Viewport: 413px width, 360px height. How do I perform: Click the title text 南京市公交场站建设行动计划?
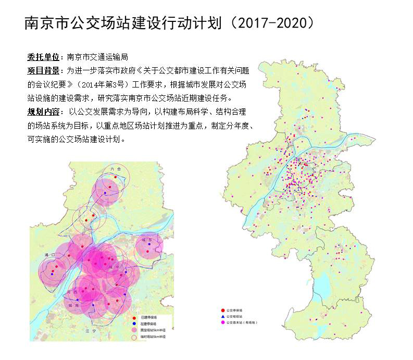[x=125, y=23]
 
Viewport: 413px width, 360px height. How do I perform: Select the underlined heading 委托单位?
[x=43, y=57]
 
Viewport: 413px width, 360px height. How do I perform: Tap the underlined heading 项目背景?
[x=43, y=70]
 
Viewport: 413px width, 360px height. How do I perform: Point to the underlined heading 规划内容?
[x=43, y=111]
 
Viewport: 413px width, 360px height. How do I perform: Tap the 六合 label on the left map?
[x=116, y=169]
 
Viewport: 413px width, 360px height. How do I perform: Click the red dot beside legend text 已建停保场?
[x=135, y=317]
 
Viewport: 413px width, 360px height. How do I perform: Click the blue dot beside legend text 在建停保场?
[x=135, y=324]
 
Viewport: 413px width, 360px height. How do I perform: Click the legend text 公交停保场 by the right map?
[x=235, y=310]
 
